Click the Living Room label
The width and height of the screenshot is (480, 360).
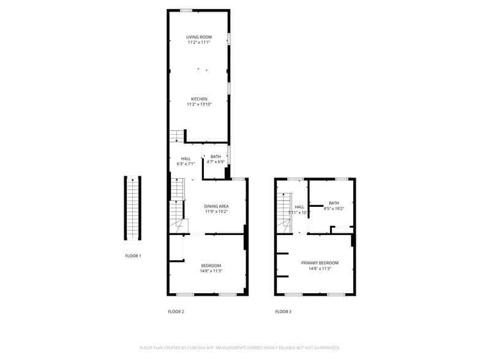(x=199, y=37)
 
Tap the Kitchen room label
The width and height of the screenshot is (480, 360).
(x=199, y=99)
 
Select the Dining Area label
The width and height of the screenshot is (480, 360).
(x=216, y=206)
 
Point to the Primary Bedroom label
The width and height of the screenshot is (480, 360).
(x=320, y=263)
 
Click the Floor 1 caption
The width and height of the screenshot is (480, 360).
(x=133, y=255)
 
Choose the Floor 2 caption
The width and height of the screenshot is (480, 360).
(x=176, y=312)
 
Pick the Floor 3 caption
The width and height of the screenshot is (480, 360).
(x=283, y=312)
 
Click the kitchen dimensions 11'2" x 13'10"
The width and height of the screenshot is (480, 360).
(x=199, y=105)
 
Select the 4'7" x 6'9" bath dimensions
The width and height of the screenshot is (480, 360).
(x=216, y=162)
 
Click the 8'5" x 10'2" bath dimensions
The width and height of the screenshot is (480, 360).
(x=334, y=209)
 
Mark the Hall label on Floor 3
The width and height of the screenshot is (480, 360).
(x=299, y=207)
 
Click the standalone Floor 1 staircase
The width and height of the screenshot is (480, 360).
(x=133, y=209)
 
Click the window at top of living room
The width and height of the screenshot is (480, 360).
(x=186, y=10)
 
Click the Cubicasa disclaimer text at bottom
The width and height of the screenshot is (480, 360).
(x=240, y=347)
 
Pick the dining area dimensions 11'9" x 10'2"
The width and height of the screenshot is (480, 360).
(x=216, y=212)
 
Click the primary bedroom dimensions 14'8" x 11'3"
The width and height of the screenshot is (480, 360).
(x=320, y=268)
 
